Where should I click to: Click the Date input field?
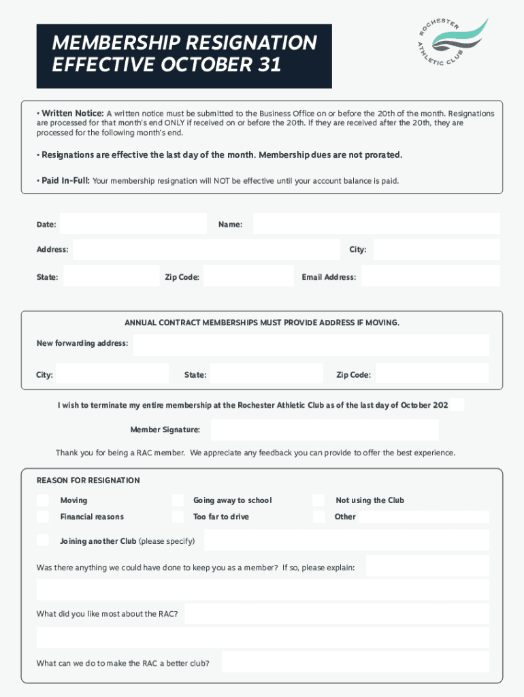(x=133, y=224)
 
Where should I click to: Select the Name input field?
(x=376, y=224)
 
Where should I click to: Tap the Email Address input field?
(x=430, y=276)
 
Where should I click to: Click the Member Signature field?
(x=325, y=429)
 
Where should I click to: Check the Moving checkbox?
(x=43, y=500)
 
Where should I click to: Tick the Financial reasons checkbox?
(x=43, y=517)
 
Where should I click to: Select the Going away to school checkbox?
(x=178, y=500)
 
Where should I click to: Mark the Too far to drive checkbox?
(x=178, y=517)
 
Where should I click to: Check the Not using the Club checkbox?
(x=318, y=500)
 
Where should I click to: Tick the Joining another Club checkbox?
(x=43, y=540)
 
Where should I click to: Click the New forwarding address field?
(x=311, y=344)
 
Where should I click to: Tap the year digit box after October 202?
(x=457, y=405)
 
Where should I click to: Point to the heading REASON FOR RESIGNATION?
(x=88, y=481)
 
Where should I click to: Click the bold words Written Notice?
(x=72, y=114)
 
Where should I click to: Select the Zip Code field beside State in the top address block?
(x=248, y=276)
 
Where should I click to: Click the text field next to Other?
(x=423, y=517)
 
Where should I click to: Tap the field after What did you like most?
(x=336, y=614)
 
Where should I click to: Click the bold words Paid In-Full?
(x=65, y=181)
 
